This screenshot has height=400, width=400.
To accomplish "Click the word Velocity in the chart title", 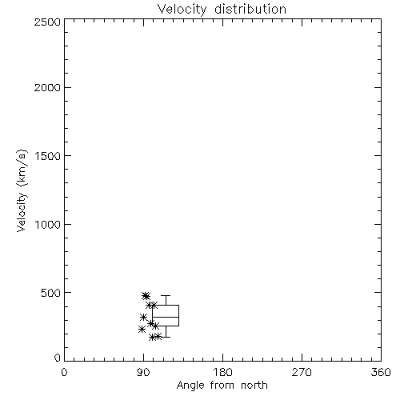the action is click(182, 10).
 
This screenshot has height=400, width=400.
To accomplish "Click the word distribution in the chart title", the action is click(250, 9).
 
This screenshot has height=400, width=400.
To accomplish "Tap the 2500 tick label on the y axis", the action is click(48, 22).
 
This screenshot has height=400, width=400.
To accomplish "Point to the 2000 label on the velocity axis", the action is click(48, 88).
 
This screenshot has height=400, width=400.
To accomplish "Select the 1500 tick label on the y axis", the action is click(48, 156).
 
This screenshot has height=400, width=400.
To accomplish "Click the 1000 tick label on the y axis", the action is click(48, 225).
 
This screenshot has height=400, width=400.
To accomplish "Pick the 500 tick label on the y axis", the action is click(51, 293).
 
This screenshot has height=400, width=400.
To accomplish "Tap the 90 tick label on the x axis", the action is click(143, 372).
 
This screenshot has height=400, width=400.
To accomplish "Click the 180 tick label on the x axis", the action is click(222, 372).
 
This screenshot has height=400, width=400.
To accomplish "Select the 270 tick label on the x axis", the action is click(302, 372).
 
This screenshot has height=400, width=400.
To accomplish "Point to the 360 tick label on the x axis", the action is click(381, 372).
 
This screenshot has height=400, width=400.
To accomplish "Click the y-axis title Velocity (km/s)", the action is click(22, 190).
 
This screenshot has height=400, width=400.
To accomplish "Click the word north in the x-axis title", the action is click(254, 386).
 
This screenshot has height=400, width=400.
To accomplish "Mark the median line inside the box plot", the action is click(166, 317).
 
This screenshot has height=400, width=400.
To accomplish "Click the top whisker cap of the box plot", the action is click(166, 295).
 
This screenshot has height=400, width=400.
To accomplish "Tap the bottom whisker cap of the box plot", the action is click(166, 337).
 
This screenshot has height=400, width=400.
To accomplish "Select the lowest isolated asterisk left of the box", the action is click(142, 329).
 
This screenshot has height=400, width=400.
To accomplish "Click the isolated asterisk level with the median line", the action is click(143, 317).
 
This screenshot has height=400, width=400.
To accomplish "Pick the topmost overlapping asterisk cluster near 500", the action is click(146, 296).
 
